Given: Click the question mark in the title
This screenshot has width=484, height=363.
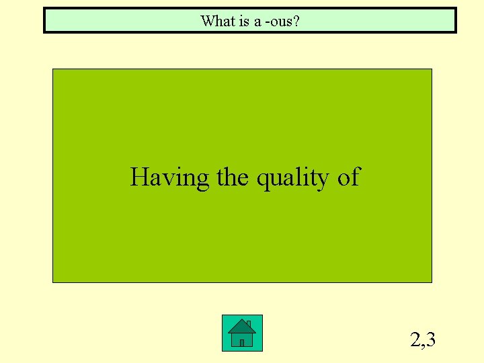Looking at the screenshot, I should [x=296, y=21].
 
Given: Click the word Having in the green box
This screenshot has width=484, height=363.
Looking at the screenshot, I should [x=170, y=178].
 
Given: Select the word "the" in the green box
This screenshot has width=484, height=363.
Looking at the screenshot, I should [x=233, y=177].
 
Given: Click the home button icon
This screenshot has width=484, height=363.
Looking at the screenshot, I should [x=242, y=333].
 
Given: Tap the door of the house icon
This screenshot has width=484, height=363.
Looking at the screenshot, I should [x=242, y=341].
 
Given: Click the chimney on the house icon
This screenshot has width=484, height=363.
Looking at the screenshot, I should [x=249, y=324].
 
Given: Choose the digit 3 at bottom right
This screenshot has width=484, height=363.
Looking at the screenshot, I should [x=430, y=340].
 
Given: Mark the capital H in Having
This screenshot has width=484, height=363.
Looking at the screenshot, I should [x=140, y=177].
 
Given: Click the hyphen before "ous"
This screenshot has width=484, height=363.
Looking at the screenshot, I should [x=267, y=23].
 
